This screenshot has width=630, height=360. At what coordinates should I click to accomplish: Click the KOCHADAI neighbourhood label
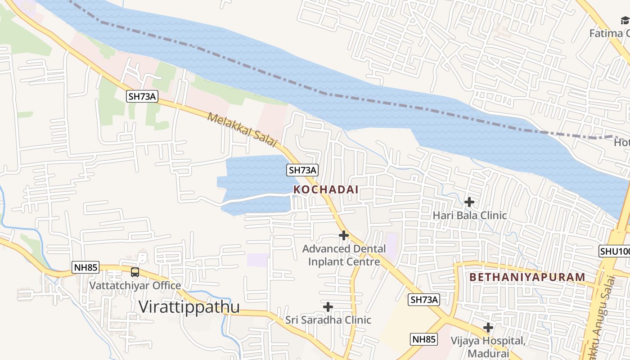point(326,189)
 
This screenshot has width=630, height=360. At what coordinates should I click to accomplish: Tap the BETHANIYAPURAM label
point(527,277)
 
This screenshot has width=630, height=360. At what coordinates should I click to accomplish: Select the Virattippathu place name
point(189,306)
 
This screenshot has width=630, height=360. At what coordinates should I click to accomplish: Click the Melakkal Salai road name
point(242,130)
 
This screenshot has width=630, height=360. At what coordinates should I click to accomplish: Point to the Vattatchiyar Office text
point(135,285)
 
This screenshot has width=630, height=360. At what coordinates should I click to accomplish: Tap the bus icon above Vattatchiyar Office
point(135,272)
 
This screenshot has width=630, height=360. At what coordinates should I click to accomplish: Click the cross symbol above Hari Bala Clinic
point(469,202)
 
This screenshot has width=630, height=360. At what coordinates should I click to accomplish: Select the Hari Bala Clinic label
point(469,215)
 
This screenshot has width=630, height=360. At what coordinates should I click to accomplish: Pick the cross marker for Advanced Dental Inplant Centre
point(344,235)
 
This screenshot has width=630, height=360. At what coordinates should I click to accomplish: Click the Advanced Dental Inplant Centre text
point(344,255)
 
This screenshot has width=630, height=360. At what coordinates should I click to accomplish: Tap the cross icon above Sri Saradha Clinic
point(328,307)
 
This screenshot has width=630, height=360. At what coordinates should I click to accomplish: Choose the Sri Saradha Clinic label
point(328,320)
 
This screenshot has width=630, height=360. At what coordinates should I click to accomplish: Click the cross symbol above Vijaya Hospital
point(488,328)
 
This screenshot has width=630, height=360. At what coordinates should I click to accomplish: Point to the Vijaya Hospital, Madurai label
point(488,346)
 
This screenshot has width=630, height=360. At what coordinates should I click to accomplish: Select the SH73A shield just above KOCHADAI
point(303,170)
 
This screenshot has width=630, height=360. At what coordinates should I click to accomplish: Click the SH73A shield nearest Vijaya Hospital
point(424,300)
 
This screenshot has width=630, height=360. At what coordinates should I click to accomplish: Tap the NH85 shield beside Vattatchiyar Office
point(85,268)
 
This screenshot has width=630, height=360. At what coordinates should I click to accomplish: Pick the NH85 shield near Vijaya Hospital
point(424,339)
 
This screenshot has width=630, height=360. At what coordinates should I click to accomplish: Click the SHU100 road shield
point(615,251)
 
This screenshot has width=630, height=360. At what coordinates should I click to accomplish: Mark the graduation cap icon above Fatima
point(625,20)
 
